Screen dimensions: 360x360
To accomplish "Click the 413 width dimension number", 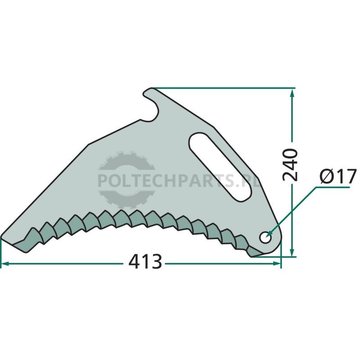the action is click(x=145, y=262).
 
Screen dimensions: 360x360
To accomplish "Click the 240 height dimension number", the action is click(x=290, y=165).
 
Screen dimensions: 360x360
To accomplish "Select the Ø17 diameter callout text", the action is click(x=338, y=176).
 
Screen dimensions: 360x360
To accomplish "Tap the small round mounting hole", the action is click(x=265, y=238).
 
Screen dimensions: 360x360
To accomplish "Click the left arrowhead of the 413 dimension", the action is click(x=5, y=264).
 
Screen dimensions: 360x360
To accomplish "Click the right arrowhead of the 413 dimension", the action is click(x=277, y=264).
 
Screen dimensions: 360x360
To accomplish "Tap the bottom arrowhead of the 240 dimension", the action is click(x=292, y=252).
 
